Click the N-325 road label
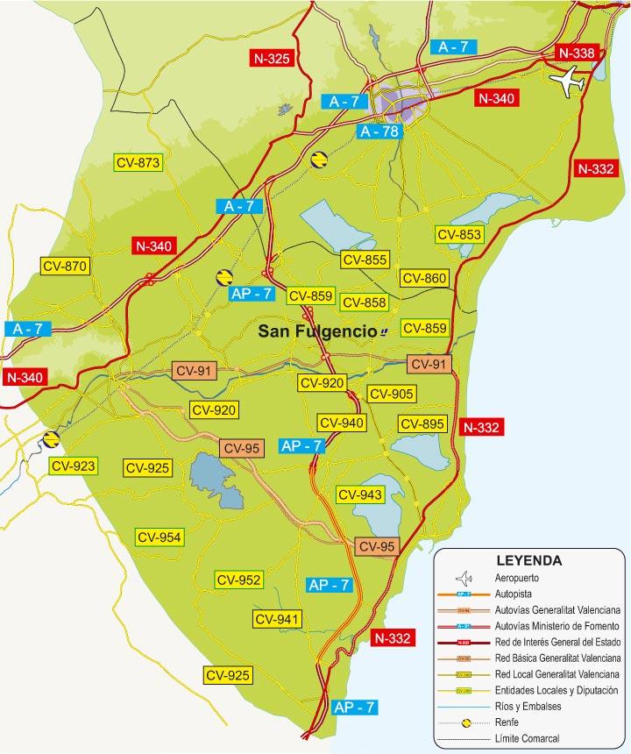(x=270, y=59)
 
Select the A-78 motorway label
(x=379, y=132)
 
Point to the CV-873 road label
(x=138, y=162)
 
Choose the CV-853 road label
(x=458, y=234)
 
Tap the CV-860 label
(x=424, y=278)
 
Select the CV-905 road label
(x=391, y=394)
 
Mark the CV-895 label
(x=422, y=423)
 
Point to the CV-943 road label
(x=360, y=494)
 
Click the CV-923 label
(x=73, y=466)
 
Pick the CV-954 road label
(x=159, y=537)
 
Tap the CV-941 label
(x=278, y=619)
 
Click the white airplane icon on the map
(x=568, y=83)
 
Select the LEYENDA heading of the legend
(x=528, y=560)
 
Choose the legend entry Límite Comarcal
(x=527, y=738)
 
